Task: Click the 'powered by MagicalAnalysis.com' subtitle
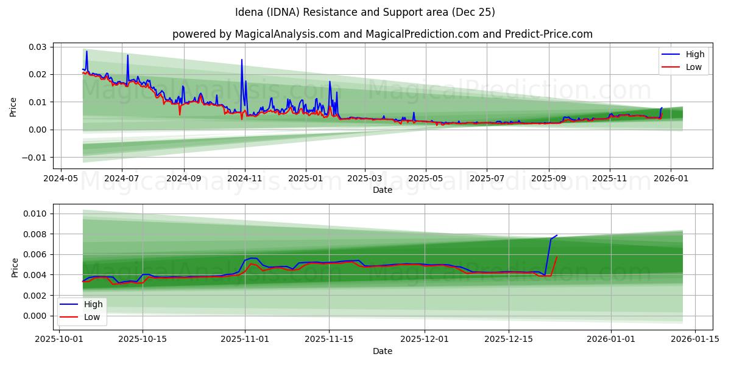pos(382,34)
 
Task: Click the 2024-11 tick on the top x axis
pos(244,179)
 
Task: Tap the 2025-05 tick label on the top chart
pos(425,179)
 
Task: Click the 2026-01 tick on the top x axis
pos(671,179)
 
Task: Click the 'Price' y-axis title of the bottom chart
pos(15,268)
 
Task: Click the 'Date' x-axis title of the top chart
pos(382,190)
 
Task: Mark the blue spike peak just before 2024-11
pos(242,60)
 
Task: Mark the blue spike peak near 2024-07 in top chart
pos(127,55)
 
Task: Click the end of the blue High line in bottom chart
pos(556,235)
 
